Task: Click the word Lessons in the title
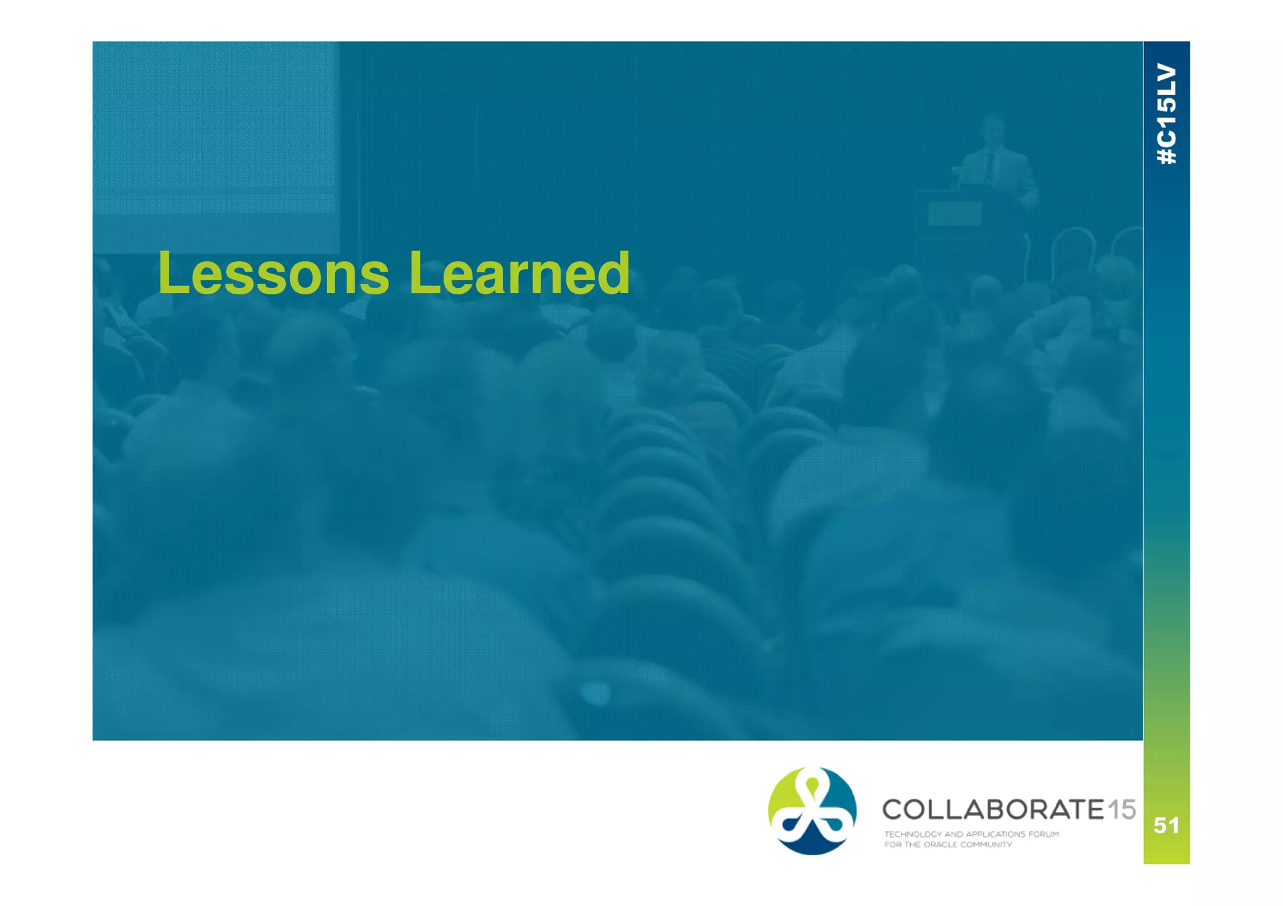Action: pos(274,273)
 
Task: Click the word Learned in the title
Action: pos(519,273)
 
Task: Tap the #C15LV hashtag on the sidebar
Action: pos(1166,114)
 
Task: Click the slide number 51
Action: pos(1166,825)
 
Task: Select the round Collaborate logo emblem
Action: pos(812,811)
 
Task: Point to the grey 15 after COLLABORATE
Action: pos(1121,810)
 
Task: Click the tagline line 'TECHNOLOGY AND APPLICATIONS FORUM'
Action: pos(971,834)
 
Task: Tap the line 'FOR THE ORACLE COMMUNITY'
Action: pos(948,845)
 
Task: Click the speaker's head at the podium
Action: pos(992,128)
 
